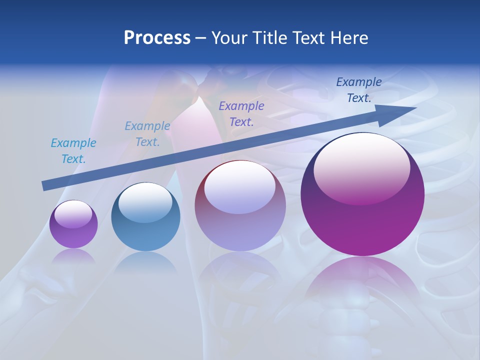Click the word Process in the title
pos(157,38)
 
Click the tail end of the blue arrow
pos(45,185)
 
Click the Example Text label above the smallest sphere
pos(73,150)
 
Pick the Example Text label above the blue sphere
pos(147,133)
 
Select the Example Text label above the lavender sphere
pos(241,113)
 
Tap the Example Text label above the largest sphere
pos(359,89)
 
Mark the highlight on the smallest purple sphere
pos(73,214)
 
